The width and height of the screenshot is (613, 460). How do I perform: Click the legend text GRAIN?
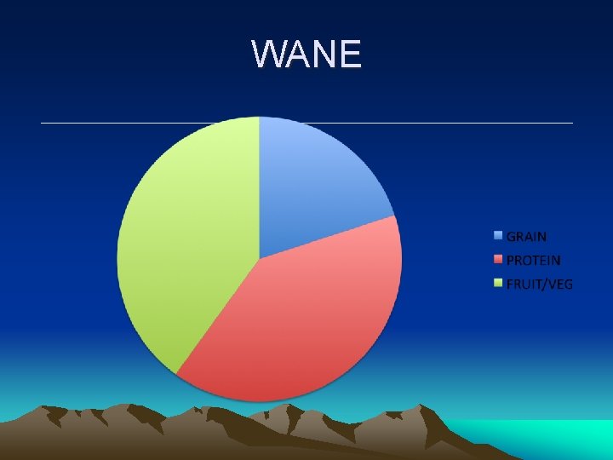[526, 237]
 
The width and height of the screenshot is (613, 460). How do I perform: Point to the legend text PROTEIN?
[533, 261]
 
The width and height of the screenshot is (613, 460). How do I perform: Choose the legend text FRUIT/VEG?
[539, 285]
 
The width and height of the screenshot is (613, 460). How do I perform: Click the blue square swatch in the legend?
[498, 236]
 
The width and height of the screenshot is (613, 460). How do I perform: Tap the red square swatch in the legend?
[498, 260]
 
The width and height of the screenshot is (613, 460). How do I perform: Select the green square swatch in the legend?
[498, 284]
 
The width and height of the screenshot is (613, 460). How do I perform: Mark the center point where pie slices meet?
[259, 257]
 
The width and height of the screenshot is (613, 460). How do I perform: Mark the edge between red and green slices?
[217, 316]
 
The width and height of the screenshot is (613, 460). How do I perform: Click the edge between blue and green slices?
[259, 187]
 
